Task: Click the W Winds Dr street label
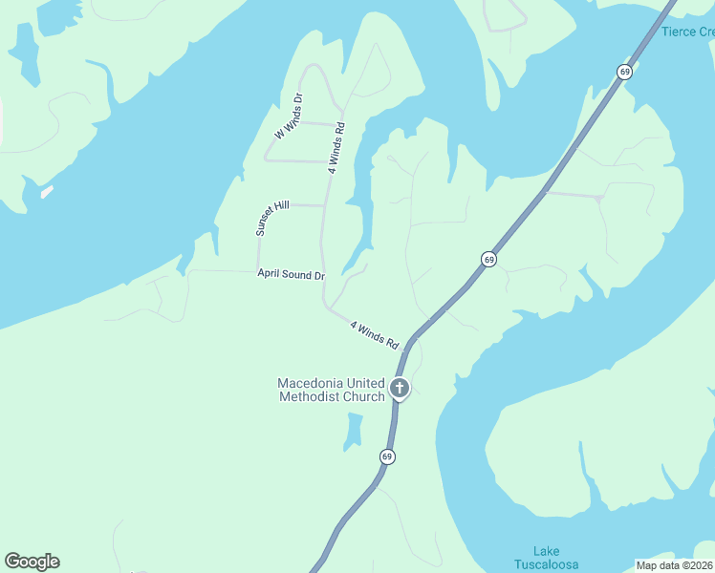pyautogui.click(x=288, y=117)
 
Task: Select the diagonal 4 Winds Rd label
pyautogui.click(x=374, y=333)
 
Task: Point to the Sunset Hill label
pyautogui.click(x=271, y=219)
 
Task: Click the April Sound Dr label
pyautogui.click(x=291, y=275)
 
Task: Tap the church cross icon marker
pyautogui.click(x=400, y=388)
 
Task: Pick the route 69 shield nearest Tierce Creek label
pyautogui.click(x=624, y=72)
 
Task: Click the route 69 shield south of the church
pyautogui.click(x=386, y=456)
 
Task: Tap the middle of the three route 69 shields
pyautogui.click(x=488, y=260)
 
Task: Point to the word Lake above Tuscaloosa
pyautogui.click(x=547, y=551)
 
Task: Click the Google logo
pyautogui.click(x=32, y=562)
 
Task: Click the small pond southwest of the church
pyautogui.click(x=354, y=429)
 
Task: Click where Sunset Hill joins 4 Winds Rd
pyautogui.click(x=325, y=204)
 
